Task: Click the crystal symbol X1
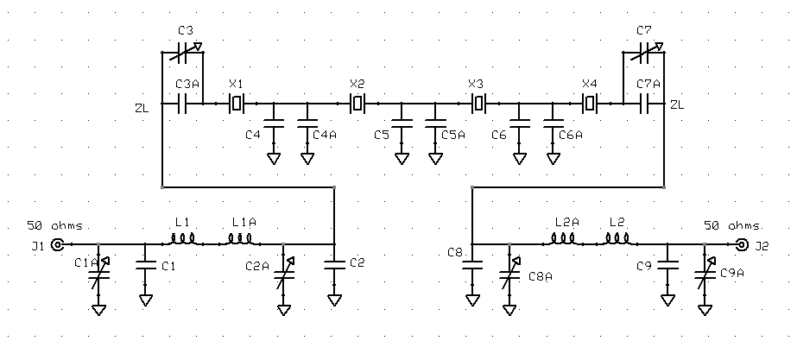pyautogui.click(x=237, y=104)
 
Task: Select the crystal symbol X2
pyautogui.click(x=357, y=104)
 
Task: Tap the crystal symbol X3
pyautogui.click(x=478, y=104)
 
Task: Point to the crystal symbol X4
pyautogui.click(x=590, y=104)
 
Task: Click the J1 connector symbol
pyautogui.click(x=58, y=245)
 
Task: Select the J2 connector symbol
pyautogui.click(x=742, y=245)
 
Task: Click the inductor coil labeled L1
pyautogui.click(x=183, y=239)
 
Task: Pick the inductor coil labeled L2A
pyautogui.click(x=563, y=239)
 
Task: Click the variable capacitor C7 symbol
pyautogui.click(x=647, y=53)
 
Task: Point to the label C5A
pyautogui.click(x=453, y=135)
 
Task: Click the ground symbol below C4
pyautogui.click(x=274, y=159)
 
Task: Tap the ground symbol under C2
pyautogui.click(x=334, y=300)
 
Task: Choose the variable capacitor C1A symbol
pyautogui.click(x=98, y=274)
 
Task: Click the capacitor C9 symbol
pyautogui.click(x=667, y=265)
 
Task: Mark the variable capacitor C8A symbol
pyautogui.click(x=509, y=274)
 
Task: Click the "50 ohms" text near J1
pyautogui.click(x=55, y=226)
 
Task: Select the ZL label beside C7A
pyautogui.click(x=677, y=105)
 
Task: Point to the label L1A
pyautogui.click(x=244, y=222)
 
